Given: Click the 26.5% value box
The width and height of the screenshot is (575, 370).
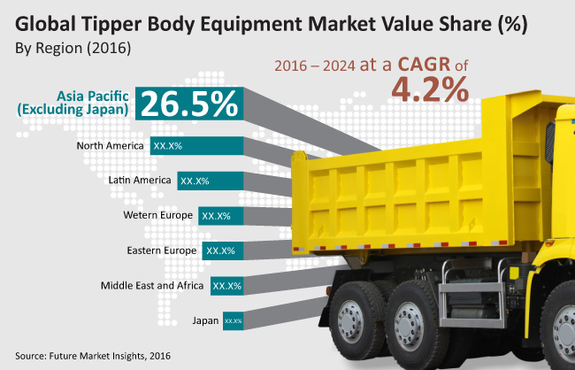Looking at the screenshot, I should pyautogui.click(x=188, y=104).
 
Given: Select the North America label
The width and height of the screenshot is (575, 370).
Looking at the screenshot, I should pyautogui.click(x=111, y=144).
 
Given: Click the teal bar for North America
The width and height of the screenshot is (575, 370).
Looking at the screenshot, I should pyautogui.click(x=195, y=145).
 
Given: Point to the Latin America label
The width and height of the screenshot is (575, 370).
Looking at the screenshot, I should pyautogui.click(x=138, y=180).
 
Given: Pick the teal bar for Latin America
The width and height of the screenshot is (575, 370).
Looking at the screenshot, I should pyautogui.click(x=209, y=181).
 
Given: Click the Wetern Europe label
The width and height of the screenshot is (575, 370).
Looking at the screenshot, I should pyautogui.click(x=158, y=215).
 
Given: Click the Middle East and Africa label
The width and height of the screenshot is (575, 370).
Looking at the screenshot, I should pyautogui.click(x=151, y=286).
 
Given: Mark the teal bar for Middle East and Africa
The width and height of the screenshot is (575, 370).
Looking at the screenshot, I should pyautogui.click(x=226, y=286).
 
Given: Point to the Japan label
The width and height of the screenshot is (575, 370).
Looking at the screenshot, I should pyautogui.click(x=204, y=320).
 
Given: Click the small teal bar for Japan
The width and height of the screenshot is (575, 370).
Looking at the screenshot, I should pyautogui.click(x=233, y=320).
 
